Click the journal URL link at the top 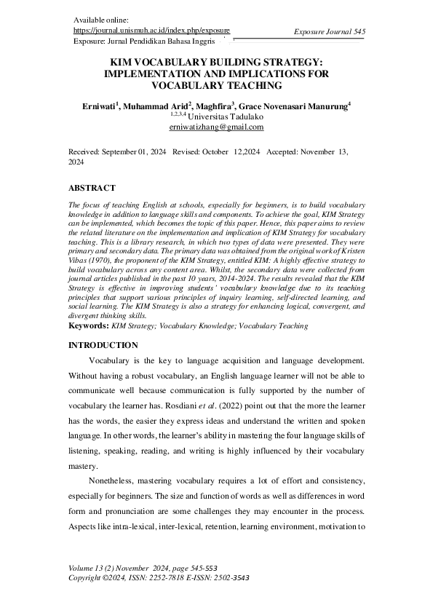coord(152,31)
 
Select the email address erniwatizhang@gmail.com coord(216,127)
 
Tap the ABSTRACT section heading coord(92,188)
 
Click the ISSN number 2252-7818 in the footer coord(168,577)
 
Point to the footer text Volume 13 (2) coord(93,568)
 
